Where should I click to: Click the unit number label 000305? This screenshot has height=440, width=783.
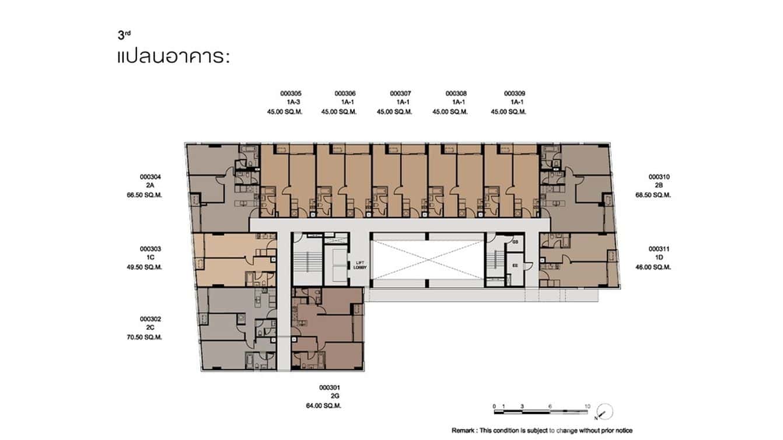[x=291, y=93]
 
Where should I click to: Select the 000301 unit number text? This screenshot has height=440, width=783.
[x=330, y=387]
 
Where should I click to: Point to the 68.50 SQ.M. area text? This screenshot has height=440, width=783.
[x=653, y=195]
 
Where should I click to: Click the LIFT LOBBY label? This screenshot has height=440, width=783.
[x=360, y=265]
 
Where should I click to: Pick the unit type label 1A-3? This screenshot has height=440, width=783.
[x=292, y=102]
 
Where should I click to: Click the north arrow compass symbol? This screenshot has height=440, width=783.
[x=606, y=411]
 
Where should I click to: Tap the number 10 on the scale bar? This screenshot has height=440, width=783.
[x=588, y=406]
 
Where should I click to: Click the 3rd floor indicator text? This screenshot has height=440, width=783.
[x=124, y=35]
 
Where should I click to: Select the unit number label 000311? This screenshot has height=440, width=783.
[x=659, y=249]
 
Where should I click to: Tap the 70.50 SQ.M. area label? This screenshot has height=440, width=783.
[x=151, y=337]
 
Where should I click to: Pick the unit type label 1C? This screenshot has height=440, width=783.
[x=150, y=258]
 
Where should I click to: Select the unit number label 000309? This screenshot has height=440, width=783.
[x=515, y=93]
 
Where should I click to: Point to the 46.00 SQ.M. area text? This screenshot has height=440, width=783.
[x=653, y=267]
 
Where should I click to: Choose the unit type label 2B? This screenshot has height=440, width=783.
[x=659, y=186]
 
